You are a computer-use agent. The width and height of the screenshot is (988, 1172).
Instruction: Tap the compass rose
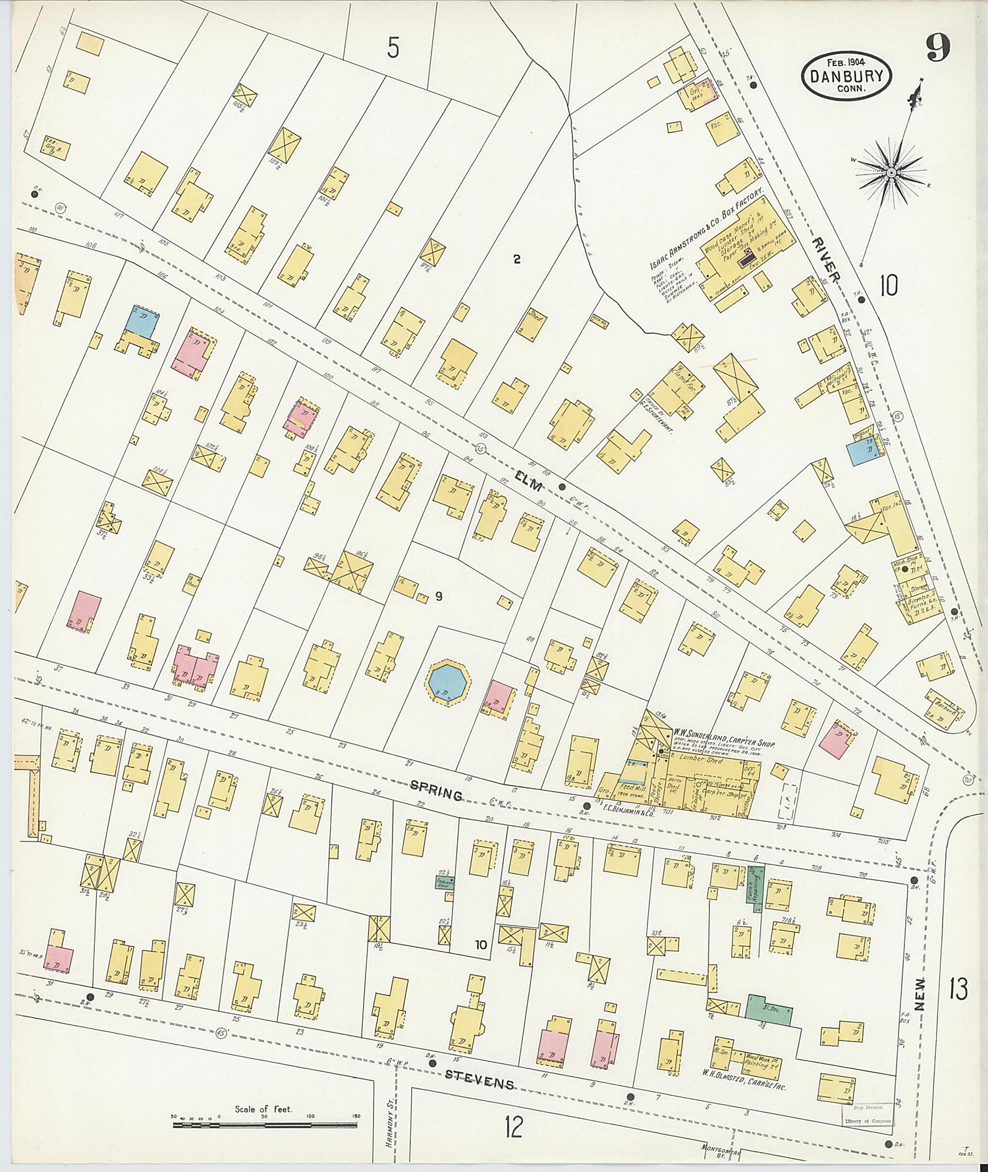point(891,173)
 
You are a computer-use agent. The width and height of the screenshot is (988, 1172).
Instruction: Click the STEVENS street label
point(478,1079)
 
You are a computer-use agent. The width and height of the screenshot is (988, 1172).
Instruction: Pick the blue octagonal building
point(448,684)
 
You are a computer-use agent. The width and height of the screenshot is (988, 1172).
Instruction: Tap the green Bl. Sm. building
point(768,1009)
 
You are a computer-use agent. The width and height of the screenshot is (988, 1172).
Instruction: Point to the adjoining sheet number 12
point(513,1126)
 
